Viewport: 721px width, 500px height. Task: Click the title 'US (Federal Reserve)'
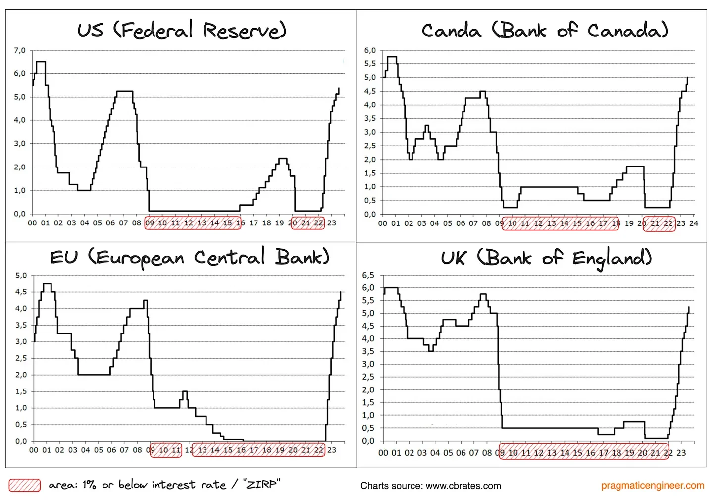tap(182, 30)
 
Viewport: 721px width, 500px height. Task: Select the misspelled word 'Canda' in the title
tap(451, 31)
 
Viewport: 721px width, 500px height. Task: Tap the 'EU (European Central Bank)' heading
tap(190, 257)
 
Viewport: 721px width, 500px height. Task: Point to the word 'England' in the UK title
tap(612, 258)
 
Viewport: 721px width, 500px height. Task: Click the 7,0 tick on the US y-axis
tap(20, 50)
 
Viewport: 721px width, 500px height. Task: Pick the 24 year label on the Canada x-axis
tap(694, 223)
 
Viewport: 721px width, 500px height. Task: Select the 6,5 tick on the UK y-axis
tap(368, 275)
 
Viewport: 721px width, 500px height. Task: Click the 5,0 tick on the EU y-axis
tap(21, 276)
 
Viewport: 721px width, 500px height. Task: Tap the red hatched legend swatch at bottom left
tap(25, 485)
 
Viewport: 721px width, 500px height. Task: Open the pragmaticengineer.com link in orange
tap(652, 485)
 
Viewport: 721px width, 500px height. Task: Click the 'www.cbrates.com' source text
tap(463, 486)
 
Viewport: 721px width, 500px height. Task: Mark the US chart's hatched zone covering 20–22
tap(308, 223)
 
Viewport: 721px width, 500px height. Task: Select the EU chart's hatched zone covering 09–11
tap(166, 450)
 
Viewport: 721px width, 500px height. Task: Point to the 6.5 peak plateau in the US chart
tap(41, 62)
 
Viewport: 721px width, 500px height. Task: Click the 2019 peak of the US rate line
tap(283, 159)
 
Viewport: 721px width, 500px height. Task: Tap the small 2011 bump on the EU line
tap(185, 392)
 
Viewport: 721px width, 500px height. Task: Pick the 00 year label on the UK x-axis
tap(383, 453)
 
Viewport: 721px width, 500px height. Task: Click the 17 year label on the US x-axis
tap(253, 223)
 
